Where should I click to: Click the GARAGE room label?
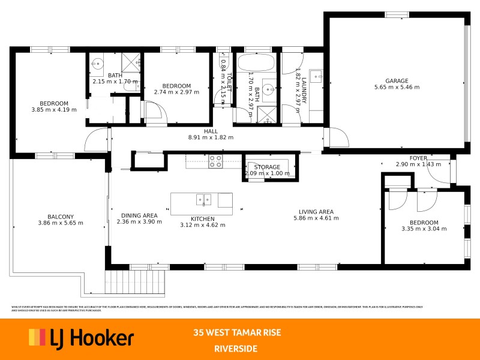coord(397,80)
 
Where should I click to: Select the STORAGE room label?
coord(267,167)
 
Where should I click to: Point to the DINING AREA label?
coord(139,215)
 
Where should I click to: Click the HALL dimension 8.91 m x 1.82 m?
coord(211,137)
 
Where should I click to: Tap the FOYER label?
coord(418,158)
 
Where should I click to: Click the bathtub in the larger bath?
coord(256,62)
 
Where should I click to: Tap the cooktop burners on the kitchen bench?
coord(215,161)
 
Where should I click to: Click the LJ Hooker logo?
coord(82,338)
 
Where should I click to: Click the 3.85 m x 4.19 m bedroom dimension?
coord(54,110)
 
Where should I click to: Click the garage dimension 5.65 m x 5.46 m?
coord(397,87)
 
